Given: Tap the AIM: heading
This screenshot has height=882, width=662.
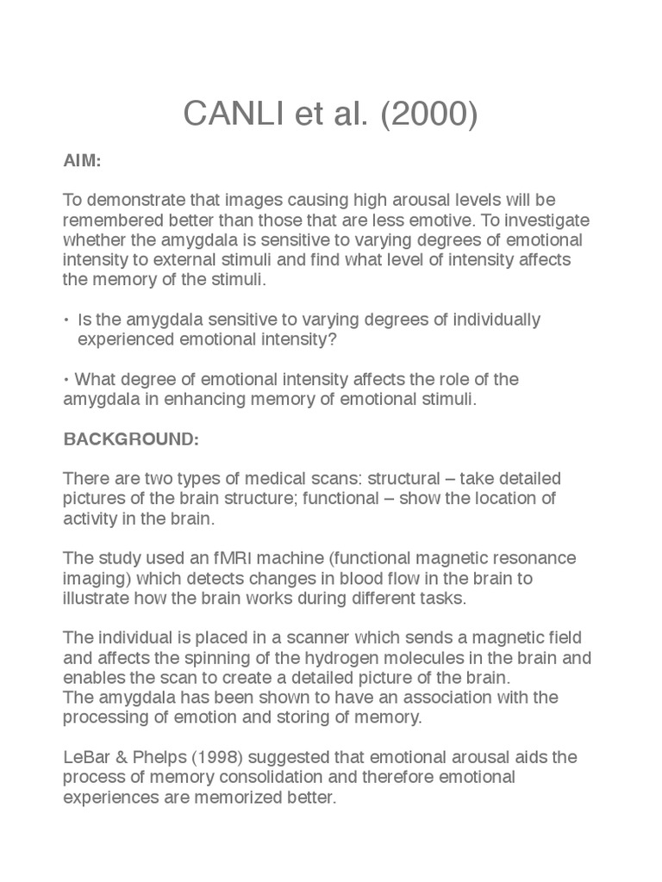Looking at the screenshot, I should (81, 161).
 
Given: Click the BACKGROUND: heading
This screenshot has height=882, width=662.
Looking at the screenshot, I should (131, 439).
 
